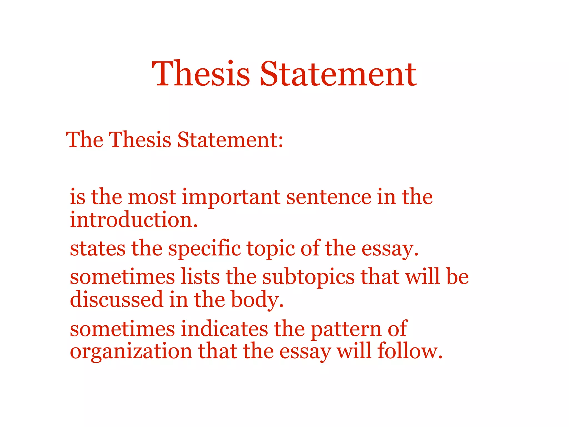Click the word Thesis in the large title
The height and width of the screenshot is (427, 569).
[x=201, y=74]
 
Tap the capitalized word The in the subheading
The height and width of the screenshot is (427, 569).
[x=84, y=140]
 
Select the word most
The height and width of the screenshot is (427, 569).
[x=152, y=197]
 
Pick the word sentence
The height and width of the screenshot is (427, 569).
[x=329, y=197]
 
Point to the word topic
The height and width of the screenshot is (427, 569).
[x=271, y=249]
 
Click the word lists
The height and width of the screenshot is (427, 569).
[x=200, y=277]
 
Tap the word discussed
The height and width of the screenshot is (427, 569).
[x=116, y=299]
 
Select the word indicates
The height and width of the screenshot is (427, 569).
[x=225, y=329]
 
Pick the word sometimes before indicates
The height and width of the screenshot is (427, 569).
[x=122, y=329]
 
